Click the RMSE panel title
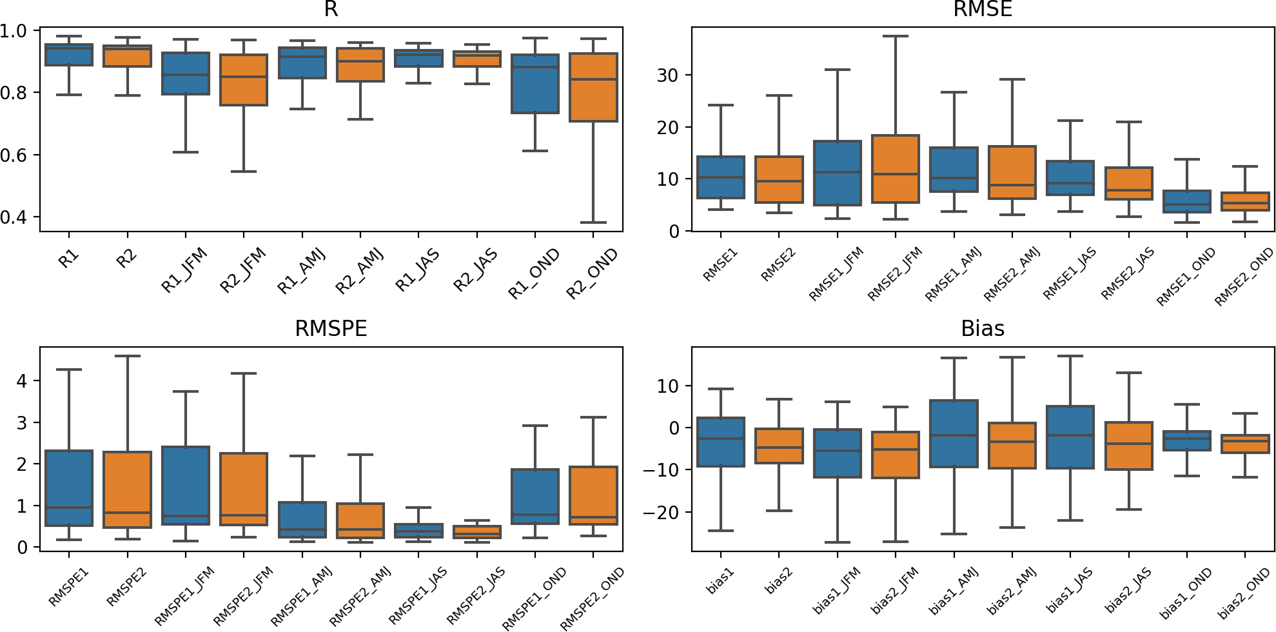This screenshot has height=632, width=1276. click(x=983, y=9)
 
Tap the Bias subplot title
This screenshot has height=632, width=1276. click(x=983, y=329)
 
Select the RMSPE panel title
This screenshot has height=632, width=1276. click(x=331, y=329)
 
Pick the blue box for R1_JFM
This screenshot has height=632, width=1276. click(x=186, y=74)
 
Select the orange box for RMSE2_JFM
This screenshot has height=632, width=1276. click(x=895, y=169)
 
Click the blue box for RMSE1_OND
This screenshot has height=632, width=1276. click(x=1187, y=201)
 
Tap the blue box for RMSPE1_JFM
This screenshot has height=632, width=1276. click(x=186, y=485)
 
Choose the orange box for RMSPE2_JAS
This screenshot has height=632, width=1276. click(x=477, y=532)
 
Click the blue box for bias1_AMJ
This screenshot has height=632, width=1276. click(x=954, y=433)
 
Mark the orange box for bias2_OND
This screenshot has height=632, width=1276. click(x=1245, y=444)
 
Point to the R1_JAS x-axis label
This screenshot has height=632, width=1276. click(x=418, y=270)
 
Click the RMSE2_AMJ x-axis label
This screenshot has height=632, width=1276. click(x=1012, y=275)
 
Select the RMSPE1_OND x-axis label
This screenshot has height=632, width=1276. click(x=535, y=598)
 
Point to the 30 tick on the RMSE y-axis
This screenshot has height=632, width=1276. click(x=667, y=75)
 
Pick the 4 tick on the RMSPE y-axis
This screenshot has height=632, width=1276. click(x=22, y=381)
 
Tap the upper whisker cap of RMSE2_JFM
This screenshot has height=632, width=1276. click(x=895, y=36)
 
